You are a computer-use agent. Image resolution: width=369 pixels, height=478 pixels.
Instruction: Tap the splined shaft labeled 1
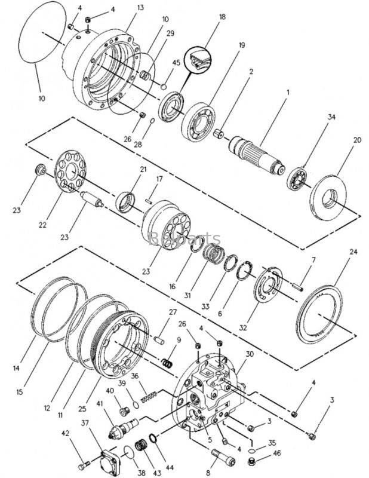pos(261,154)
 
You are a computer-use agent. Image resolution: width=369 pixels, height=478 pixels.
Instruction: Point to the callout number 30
pos(249,354)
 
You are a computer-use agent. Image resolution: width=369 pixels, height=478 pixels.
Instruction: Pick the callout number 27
pos(173,312)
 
